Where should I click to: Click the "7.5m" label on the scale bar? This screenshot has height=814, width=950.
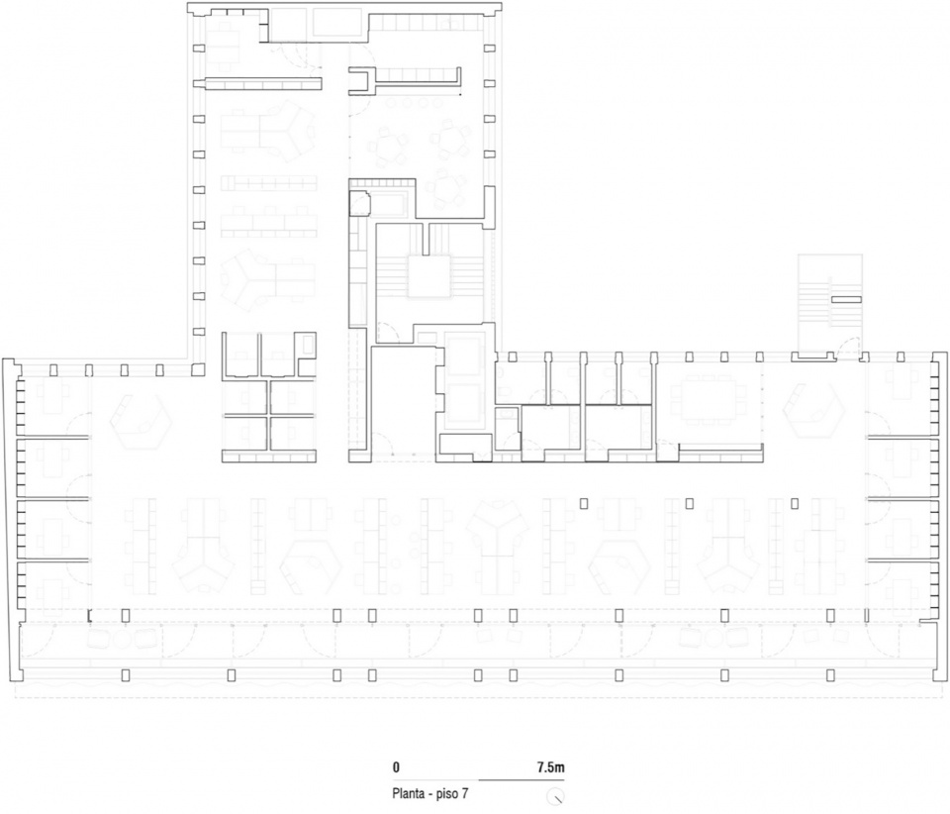click(x=550, y=767)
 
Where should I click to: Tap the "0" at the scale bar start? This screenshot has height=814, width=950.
click(x=396, y=767)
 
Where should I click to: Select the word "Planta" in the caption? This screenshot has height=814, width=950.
click(x=408, y=793)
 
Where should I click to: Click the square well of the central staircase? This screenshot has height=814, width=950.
click(x=428, y=276)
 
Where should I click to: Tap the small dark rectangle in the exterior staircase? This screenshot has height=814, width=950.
click(x=845, y=299)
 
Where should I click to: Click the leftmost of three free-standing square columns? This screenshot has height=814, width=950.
click(x=584, y=504)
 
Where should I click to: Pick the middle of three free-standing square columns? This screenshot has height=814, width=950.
click(x=690, y=503)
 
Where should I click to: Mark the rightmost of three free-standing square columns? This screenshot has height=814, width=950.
click(x=795, y=503)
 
